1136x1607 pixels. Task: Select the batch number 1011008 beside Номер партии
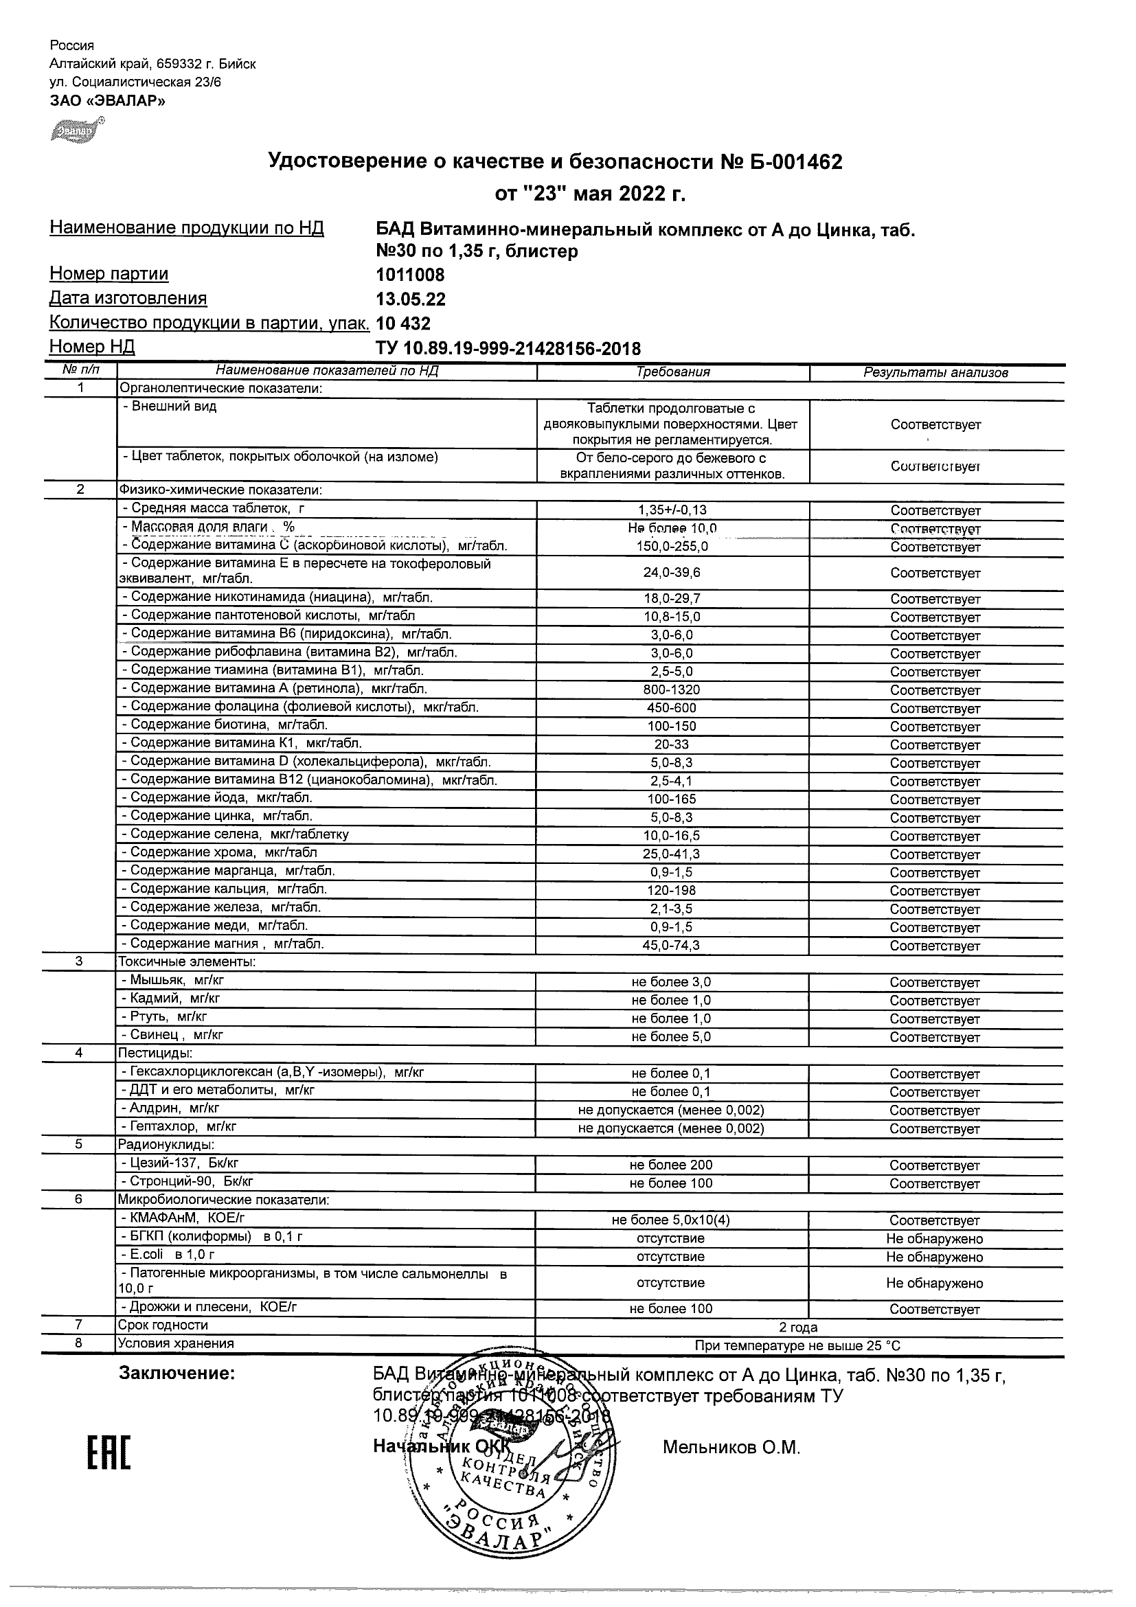410,275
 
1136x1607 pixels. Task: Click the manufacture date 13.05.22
410,299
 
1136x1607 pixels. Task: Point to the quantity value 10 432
403,323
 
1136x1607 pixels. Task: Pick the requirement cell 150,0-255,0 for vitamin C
672,547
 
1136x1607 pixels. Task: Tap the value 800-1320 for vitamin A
671,689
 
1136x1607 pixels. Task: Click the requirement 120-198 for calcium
671,890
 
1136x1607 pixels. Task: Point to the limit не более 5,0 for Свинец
670,1036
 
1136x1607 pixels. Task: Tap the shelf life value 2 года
798,1327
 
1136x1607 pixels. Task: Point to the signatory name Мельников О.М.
731,1448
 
